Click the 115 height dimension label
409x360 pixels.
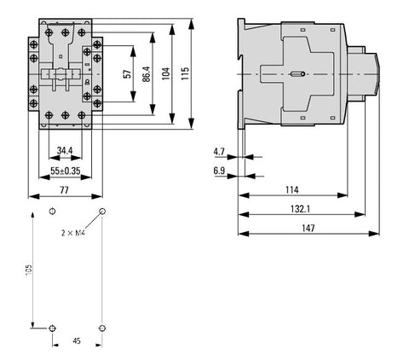click(x=185, y=73)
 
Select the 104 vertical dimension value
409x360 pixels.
click(x=166, y=73)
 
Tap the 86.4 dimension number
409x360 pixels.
click(x=147, y=74)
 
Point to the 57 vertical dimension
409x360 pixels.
click(x=129, y=74)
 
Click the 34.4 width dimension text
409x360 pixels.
click(x=65, y=150)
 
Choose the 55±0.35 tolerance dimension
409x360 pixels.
click(x=66, y=171)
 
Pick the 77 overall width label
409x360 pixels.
click(x=65, y=190)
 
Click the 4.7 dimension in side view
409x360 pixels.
click(x=219, y=152)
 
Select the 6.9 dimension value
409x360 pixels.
click(x=219, y=171)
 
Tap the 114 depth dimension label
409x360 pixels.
click(x=292, y=189)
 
